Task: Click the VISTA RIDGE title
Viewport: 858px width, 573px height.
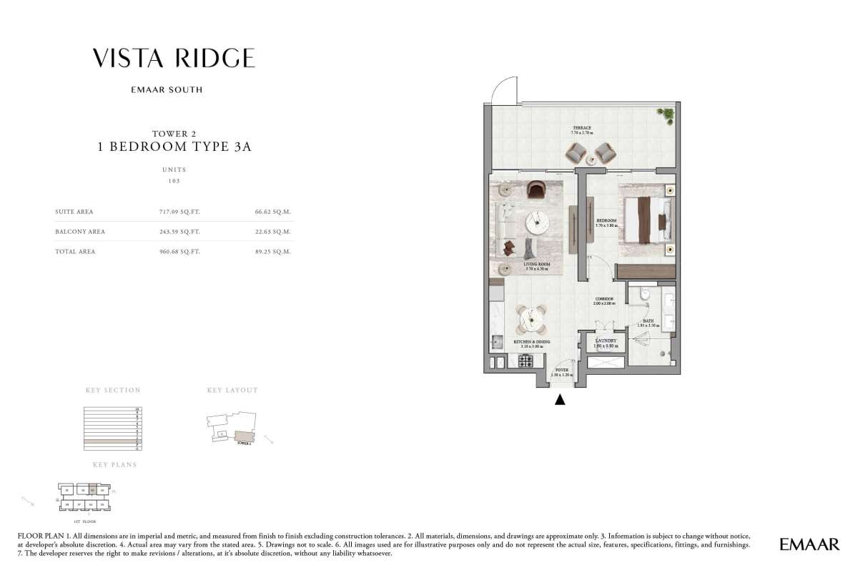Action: click(x=174, y=59)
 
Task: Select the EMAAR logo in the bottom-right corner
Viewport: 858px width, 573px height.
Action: click(x=809, y=545)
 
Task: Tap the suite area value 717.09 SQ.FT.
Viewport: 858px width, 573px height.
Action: click(x=179, y=212)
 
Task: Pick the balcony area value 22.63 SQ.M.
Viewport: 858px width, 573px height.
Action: click(x=274, y=232)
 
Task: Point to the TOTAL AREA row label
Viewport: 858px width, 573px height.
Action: click(x=75, y=252)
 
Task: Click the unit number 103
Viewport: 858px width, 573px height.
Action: click(x=174, y=181)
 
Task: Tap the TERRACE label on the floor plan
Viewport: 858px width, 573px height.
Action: click(x=581, y=127)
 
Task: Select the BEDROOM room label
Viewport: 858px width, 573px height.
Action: click(x=607, y=220)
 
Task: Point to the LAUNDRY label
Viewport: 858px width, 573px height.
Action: click(x=606, y=341)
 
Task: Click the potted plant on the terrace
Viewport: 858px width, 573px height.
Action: click(x=668, y=114)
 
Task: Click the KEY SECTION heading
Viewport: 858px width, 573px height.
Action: click(x=113, y=391)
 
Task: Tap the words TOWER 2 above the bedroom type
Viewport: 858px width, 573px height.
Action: click(x=174, y=134)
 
